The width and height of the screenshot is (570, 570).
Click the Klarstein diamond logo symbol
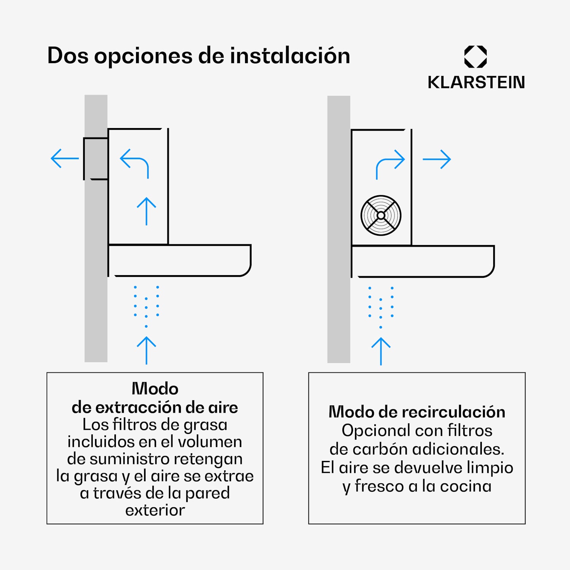(475, 57)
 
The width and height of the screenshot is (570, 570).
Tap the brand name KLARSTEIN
(476, 82)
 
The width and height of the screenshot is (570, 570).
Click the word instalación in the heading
(290, 55)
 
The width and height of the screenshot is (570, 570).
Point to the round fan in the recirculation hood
(381, 215)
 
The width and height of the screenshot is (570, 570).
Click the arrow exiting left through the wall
(65, 158)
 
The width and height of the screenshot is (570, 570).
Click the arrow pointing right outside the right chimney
(437, 159)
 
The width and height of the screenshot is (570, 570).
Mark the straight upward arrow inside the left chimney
(146, 211)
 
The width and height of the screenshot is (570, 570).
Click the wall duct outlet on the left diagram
(96, 158)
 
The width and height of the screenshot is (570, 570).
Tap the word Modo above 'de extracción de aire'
(155, 389)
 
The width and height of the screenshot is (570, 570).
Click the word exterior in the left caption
(155, 510)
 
